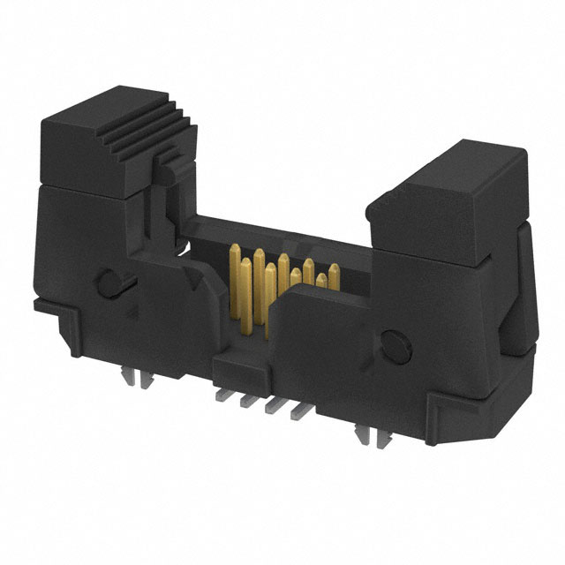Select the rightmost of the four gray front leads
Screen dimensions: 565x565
298,411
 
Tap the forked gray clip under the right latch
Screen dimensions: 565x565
365,433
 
